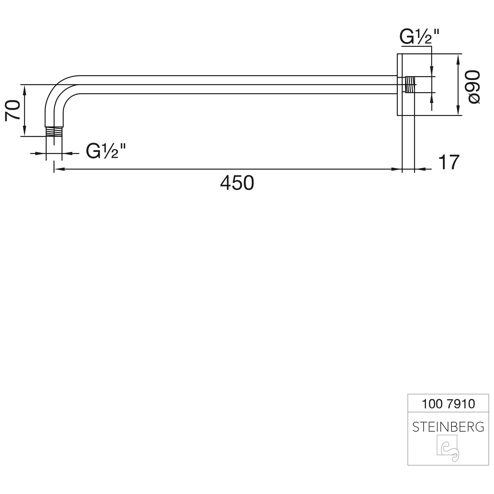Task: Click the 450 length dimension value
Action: [237, 183]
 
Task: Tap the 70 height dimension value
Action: [13, 110]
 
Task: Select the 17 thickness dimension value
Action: [449, 162]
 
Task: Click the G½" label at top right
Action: [420, 37]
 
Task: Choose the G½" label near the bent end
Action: [106, 151]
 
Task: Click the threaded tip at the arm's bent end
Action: [54, 131]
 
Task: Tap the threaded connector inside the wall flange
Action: [409, 85]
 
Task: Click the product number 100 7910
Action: [448, 404]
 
